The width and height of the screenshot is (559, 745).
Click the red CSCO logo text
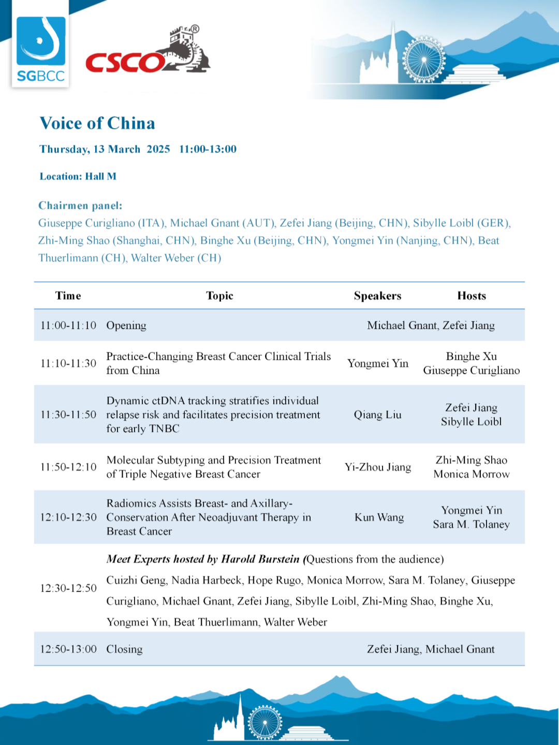[x=125, y=63]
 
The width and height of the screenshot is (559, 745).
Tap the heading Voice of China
[x=97, y=123]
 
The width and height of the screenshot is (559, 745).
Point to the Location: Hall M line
[x=78, y=177]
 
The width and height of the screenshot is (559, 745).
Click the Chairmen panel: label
[x=80, y=206]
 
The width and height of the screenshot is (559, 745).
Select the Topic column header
[x=219, y=296]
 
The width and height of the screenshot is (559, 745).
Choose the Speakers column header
[x=377, y=296]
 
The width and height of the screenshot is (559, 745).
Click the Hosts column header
[x=472, y=296]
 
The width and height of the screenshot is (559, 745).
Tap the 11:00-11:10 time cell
[x=68, y=325]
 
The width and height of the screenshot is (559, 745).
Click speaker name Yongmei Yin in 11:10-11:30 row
[x=378, y=363]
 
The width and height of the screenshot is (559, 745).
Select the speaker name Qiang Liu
[x=378, y=415]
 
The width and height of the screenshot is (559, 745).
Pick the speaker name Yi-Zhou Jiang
[x=378, y=467]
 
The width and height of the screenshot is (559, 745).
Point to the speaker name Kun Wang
[x=379, y=517]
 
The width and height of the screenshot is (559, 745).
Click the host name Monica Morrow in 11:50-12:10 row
[x=472, y=474]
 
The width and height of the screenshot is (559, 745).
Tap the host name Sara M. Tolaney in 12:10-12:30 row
[x=472, y=524]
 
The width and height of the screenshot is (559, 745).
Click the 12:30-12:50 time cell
[x=68, y=588]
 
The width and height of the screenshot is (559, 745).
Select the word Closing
[x=124, y=649]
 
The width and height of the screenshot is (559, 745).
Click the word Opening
[x=126, y=325]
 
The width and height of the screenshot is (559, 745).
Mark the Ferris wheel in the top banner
[x=423, y=60]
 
